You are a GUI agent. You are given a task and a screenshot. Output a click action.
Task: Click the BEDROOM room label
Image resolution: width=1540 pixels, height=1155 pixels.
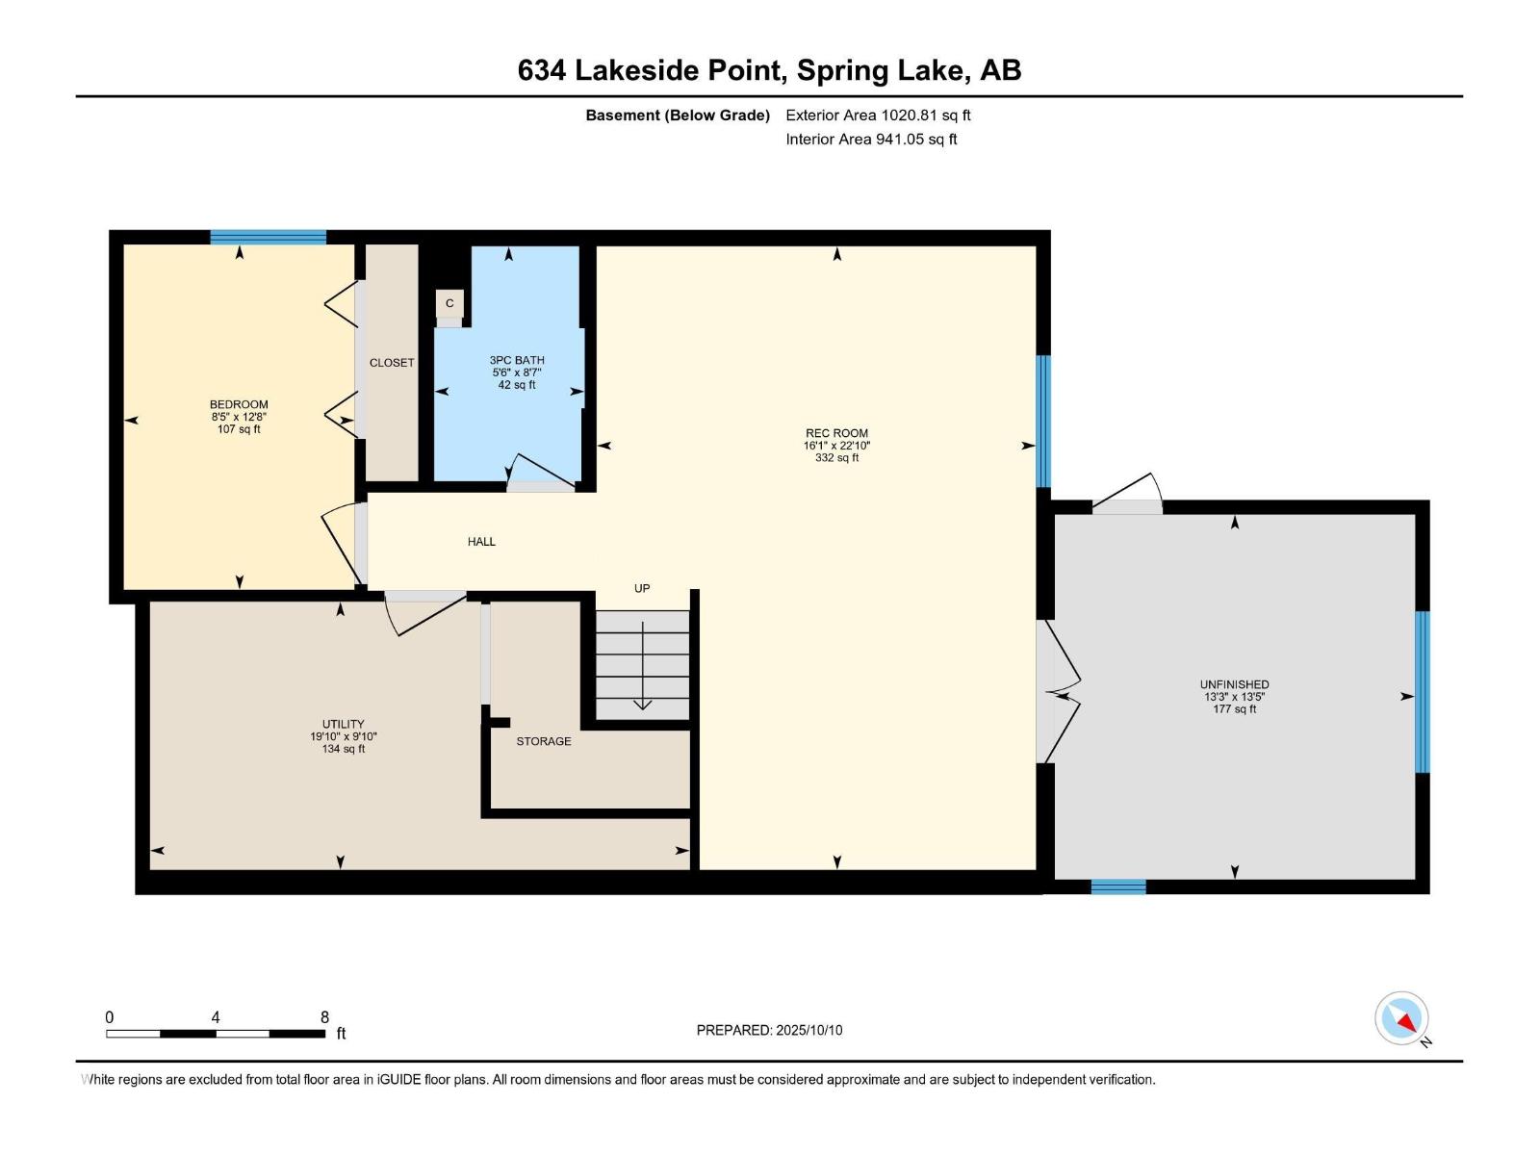239,404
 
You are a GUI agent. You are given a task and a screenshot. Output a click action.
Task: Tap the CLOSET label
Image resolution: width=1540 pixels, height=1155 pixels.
392,363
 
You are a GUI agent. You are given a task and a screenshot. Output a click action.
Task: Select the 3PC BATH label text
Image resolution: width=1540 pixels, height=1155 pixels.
517,360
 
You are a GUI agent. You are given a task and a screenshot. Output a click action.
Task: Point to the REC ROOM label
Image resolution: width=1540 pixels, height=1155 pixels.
836,433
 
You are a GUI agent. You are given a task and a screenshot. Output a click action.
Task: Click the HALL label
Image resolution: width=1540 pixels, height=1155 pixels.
481,541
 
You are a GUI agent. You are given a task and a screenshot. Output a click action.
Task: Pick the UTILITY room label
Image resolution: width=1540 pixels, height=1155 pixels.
343,724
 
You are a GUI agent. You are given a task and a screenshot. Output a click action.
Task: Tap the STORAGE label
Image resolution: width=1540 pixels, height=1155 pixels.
544,741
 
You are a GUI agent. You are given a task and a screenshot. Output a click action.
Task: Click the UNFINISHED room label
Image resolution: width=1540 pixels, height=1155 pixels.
1234,684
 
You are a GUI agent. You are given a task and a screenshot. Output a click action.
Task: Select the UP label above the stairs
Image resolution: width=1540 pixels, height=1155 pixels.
642,588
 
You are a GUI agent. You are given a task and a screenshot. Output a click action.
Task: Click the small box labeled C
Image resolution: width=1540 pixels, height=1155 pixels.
449,303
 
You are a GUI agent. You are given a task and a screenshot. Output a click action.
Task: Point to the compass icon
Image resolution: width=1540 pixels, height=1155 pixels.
1401,1018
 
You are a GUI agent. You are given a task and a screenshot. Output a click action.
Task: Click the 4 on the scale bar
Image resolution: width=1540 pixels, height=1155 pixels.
216,1017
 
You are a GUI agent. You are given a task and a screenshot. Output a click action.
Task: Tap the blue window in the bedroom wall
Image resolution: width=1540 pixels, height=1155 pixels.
268,237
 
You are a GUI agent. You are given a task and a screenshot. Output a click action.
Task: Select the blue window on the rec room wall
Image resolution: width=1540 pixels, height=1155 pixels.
1044,422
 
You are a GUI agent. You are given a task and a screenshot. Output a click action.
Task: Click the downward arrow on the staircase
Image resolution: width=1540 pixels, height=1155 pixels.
643,666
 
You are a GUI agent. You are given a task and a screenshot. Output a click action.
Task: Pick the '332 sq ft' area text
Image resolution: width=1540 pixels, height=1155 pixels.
836,458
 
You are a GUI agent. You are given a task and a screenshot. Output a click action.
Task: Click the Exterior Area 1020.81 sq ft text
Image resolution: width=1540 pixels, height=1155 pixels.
878,115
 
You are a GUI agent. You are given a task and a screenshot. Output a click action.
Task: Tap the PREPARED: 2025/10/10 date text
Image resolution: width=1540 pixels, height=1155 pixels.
769,1030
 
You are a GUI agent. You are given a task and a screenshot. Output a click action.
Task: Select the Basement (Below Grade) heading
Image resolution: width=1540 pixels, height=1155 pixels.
678,115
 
